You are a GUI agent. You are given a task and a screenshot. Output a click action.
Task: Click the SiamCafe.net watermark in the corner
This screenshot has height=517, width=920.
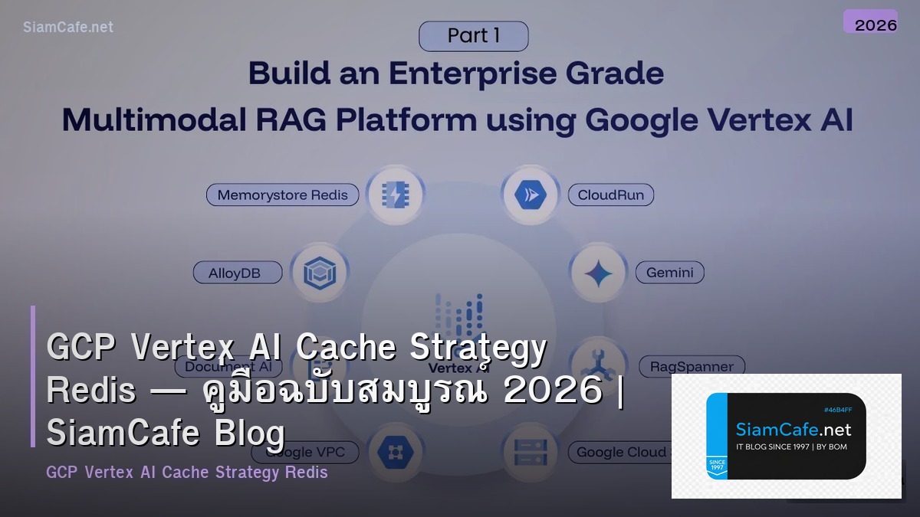coord(68,27)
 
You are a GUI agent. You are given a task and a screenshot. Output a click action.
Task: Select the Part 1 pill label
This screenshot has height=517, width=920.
coord(473,36)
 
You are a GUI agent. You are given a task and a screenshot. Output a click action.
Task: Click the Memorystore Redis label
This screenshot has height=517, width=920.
coord(282,195)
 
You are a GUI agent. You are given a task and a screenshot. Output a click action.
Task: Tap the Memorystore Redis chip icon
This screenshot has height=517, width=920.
coord(394,195)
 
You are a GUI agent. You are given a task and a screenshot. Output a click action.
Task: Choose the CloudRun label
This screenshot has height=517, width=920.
coord(611,195)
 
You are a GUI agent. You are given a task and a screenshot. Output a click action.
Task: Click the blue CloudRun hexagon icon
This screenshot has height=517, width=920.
coord(529,195)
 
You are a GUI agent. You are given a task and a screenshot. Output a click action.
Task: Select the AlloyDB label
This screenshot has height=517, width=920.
coord(237,272)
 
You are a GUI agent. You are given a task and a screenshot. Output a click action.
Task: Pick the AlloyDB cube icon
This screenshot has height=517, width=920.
coord(319,272)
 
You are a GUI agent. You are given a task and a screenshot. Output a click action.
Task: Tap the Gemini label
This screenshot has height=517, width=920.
coord(669,272)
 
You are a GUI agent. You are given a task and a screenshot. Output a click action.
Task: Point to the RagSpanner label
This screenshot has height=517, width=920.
coord(692,366)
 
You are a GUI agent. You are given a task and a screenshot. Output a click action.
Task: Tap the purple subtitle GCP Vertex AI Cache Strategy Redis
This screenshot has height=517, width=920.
coord(187,473)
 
